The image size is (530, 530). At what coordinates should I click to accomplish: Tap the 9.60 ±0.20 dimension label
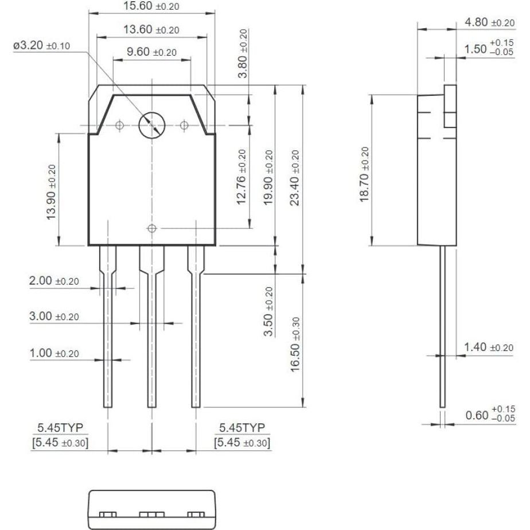coord(151,52)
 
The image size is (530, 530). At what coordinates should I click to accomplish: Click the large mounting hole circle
coord(152,124)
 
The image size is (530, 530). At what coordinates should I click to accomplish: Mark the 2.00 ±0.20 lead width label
coord(54,282)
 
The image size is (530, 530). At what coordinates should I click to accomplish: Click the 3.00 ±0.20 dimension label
coord(54,317)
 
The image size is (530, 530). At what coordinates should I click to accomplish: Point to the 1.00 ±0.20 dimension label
coord(54,353)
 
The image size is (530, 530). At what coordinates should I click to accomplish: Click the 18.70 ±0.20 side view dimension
coord(364,174)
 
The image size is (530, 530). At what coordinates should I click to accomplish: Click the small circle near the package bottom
coord(151,228)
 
